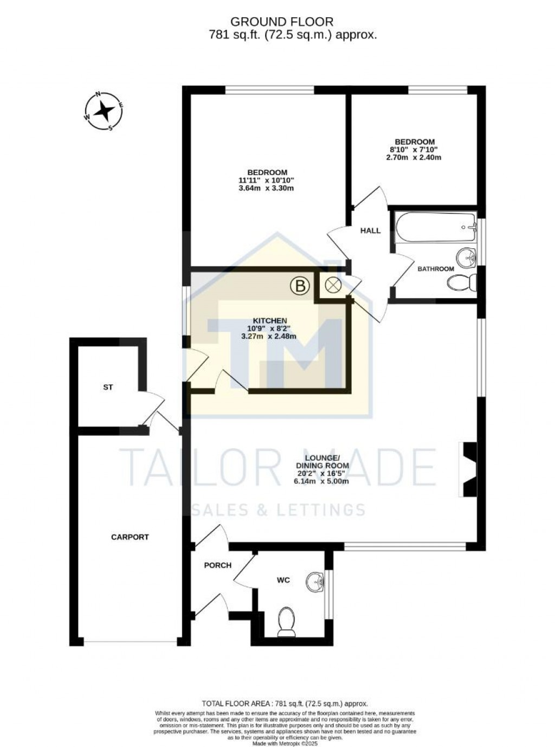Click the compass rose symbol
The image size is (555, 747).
point(103,112)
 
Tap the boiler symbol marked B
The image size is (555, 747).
point(299,285)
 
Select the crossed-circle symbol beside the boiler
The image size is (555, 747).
point(332,285)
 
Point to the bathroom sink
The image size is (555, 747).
point(466,257)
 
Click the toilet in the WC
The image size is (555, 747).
point(286,621)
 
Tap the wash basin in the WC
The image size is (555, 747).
point(314,582)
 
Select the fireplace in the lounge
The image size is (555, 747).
point(468,469)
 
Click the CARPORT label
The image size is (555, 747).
point(130,537)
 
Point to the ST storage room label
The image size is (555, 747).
point(108,388)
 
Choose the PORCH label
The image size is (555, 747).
point(217,565)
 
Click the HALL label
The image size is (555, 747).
point(371,230)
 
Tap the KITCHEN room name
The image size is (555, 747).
point(269,320)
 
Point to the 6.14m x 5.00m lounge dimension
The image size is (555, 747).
point(322,481)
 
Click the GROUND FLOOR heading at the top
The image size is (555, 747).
point(282,22)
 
